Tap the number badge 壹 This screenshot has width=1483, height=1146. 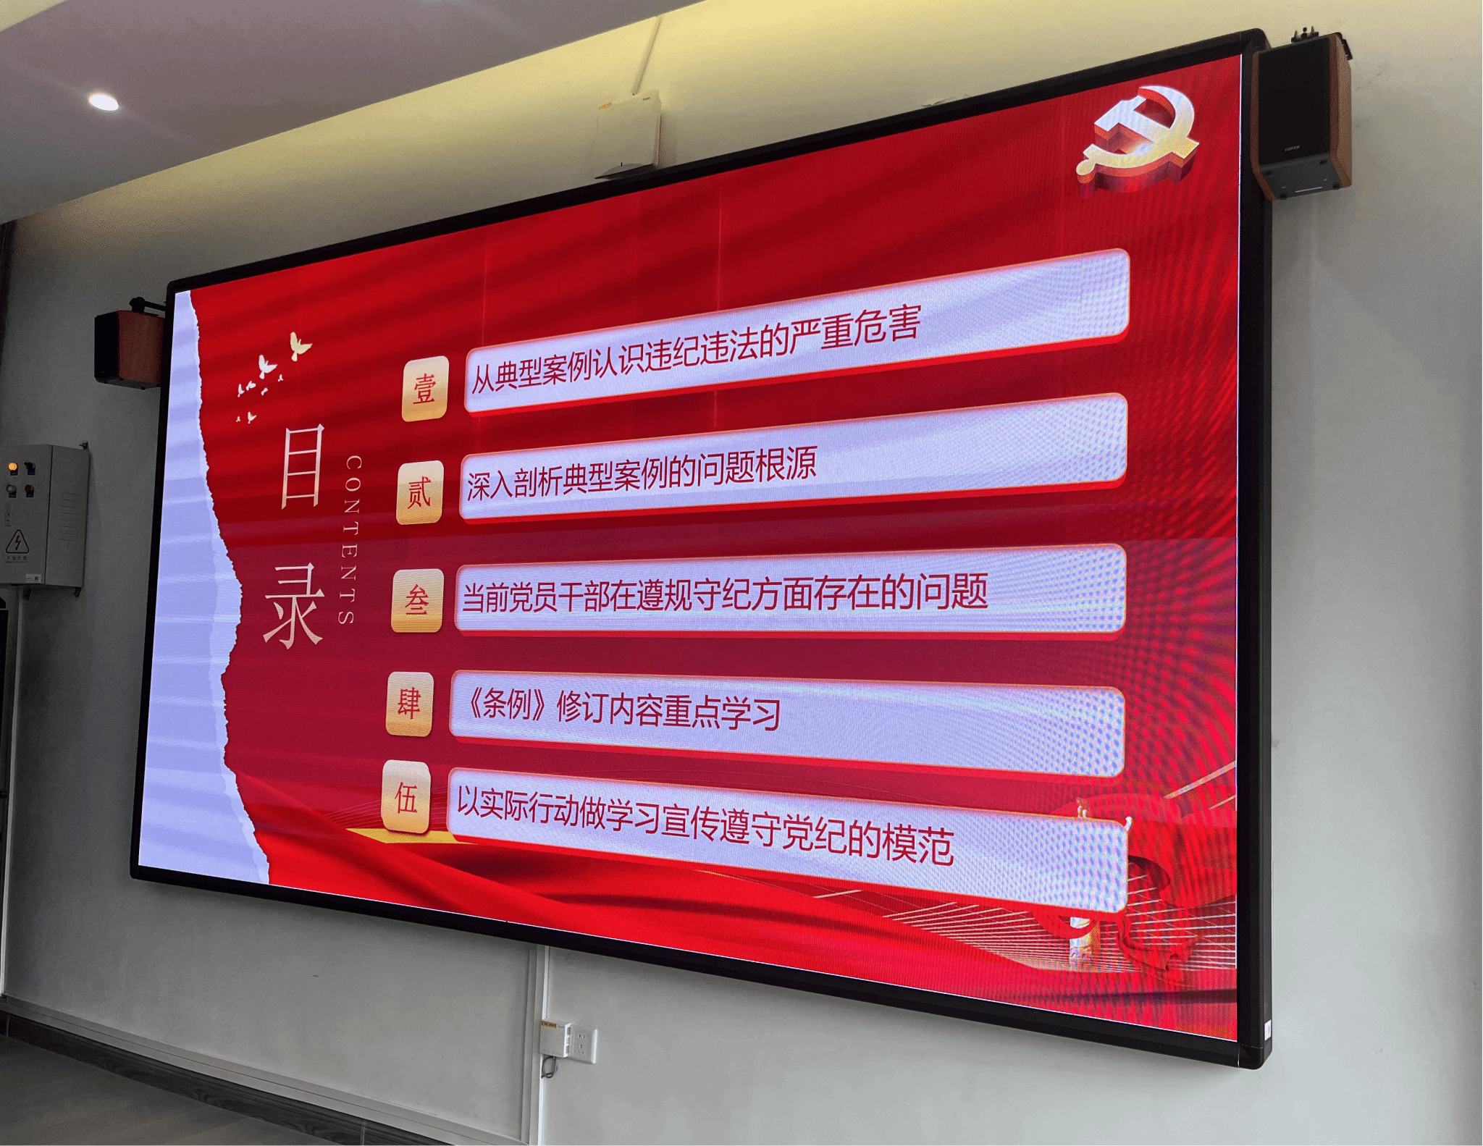coord(425,389)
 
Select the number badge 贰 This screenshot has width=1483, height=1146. coord(419,493)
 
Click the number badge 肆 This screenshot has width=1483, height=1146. coord(410,704)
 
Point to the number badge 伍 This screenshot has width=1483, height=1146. coord(406,797)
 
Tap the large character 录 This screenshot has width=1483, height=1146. coord(293,605)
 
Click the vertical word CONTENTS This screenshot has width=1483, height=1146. coord(350,539)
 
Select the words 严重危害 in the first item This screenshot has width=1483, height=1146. coord(855,331)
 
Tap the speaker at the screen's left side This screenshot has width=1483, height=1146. coord(130,345)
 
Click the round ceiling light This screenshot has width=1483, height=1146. coord(104,101)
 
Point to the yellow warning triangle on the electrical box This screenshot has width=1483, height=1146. coord(17,542)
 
